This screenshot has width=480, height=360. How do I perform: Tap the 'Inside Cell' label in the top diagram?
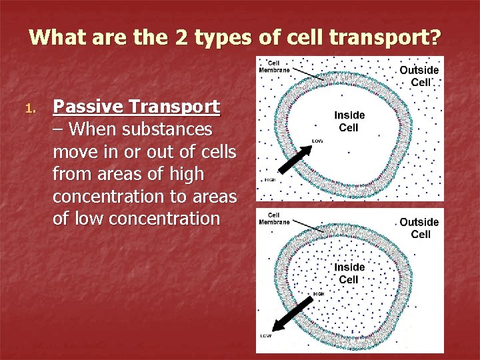(349, 121)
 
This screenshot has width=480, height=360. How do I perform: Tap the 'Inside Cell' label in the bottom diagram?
(349, 273)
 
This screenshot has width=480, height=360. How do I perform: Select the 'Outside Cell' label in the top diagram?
(419, 76)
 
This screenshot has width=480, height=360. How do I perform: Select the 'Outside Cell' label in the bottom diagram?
(419, 228)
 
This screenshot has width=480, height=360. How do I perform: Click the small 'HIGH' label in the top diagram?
(270, 179)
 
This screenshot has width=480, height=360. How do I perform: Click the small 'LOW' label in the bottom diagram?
(265, 335)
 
